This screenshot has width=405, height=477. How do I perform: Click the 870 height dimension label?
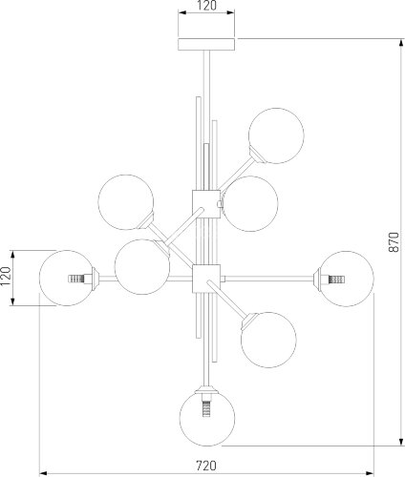pyautogui.click(x=394, y=242)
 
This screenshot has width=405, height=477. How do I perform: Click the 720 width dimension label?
pyautogui.click(x=206, y=466)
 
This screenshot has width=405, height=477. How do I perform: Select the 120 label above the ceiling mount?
pyautogui.click(x=206, y=6)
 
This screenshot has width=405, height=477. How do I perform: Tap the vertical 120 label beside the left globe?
pyautogui.click(x=6, y=276)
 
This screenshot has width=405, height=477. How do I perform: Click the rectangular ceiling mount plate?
pyautogui.click(x=206, y=44)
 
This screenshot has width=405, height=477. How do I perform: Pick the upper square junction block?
pyautogui.click(x=206, y=204)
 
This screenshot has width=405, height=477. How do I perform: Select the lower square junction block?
pyautogui.click(x=206, y=279)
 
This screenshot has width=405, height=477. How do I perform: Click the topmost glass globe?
pyautogui.click(x=276, y=135)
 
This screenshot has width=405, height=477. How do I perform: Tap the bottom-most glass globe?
pyautogui.click(x=207, y=418)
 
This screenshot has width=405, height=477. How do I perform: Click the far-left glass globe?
pyautogui.click(x=67, y=279)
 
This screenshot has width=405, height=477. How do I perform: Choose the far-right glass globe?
pyautogui.click(x=347, y=279)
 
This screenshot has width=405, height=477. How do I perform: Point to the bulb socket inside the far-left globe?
pyautogui.click(x=76, y=279)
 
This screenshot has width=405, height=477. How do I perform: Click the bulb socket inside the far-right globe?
pyautogui.click(x=336, y=280)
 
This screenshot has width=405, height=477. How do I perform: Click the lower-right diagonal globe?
pyautogui.click(x=268, y=340)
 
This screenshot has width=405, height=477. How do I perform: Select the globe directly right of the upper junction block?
pyautogui.click(x=250, y=204)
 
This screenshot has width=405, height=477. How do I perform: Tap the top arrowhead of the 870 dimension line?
pyautogui.click(x=400, y=43)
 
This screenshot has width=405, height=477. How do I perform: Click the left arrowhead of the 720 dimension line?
pyautogui.click(x=44, y=473)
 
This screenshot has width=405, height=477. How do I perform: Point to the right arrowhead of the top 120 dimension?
pyautogui.click(x=230, y=12)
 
